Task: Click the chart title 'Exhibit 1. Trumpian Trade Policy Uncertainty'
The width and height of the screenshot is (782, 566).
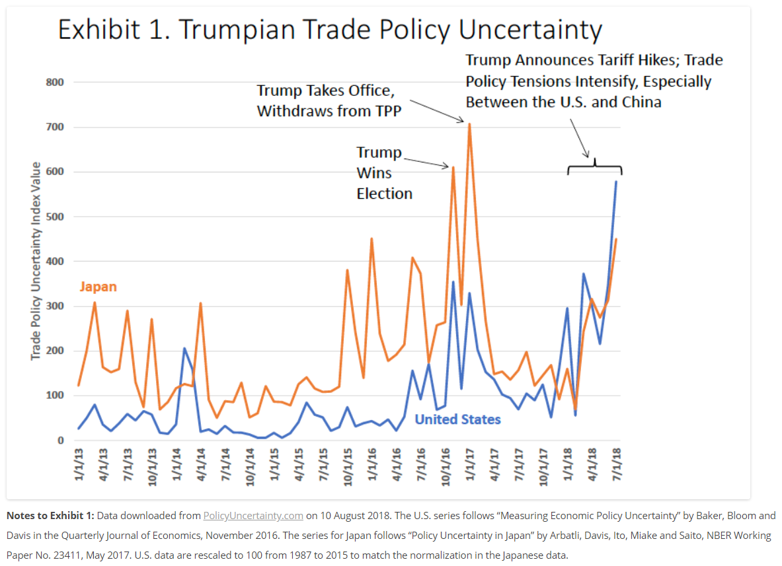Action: pyautogui.click(x=330, y=31)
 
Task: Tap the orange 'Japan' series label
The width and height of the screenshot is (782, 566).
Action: pyautogui.click(x=98, y=287)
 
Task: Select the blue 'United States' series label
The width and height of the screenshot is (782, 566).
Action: pyautogui.click(x=457, y=419)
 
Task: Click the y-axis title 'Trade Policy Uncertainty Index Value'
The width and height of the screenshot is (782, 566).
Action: pyautogui.click(x=36, y=262)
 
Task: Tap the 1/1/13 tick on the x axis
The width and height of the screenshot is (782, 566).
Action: pyautogui.click(x=79, y=466)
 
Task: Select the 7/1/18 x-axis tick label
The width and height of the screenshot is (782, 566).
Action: pyautogui.click(x=616, y=466)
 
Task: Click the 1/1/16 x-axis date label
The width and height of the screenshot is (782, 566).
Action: pyautogui.click(x=371, y=466)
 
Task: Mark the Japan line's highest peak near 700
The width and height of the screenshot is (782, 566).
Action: pyautogui.click(x=469, y=124)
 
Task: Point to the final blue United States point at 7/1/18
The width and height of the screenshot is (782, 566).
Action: pyautogui.click(x=616, y=182)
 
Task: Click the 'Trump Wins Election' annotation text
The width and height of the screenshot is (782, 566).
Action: pyautogui.click(x=384, y=173)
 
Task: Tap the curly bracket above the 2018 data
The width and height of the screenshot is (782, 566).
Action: pyautogui.click(x=594, y=165)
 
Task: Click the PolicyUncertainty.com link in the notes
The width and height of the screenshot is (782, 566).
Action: pyautogui.click(x=253, y=516)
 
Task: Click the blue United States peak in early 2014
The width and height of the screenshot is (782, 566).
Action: pyautogui.click(x=184, y=348)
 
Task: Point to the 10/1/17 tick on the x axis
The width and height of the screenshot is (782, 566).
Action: pyautogui.click(x=543, y=466)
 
